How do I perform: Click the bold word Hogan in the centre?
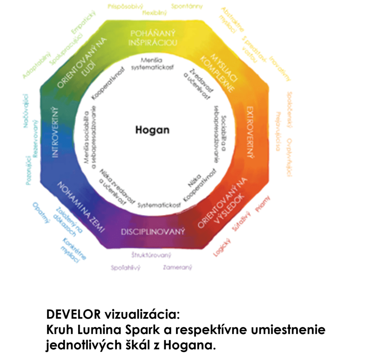click(152, 130)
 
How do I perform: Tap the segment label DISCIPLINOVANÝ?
click(153, 231)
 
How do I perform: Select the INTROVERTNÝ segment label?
click(55, 133)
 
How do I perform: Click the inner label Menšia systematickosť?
click(152, 64)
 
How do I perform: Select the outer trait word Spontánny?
click(187, 6)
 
